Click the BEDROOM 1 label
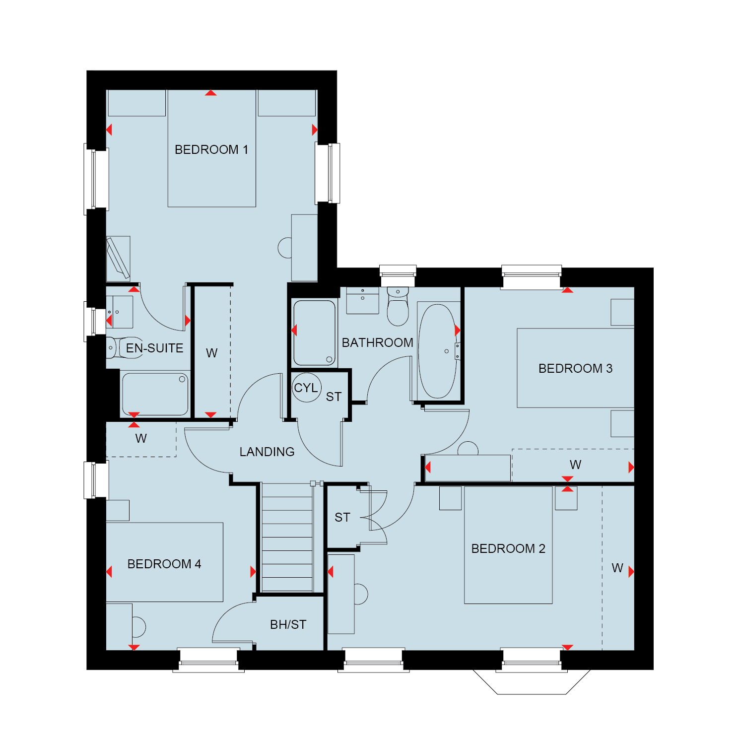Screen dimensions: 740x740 pyautogui.click(x=211, y=149)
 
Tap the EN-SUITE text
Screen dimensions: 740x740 pyautogui.click(x=154, y=348)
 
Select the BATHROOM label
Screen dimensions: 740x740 pyautogui.click(x=378, y=342)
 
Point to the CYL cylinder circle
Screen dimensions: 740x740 pyautogui.click(x=307, y=388)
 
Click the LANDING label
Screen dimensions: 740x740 pyautogui.click(x=267, y=452)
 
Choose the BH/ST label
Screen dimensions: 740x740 pyautogui.click(x=288, y=624)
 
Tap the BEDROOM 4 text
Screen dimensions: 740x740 pyautogui.click(x=164, y=564)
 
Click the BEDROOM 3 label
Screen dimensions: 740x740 pyautogui.click(x=575, y=368)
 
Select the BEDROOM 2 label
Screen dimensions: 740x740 pyautogui.click(x=508, y=548)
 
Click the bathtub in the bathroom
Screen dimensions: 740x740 pyautogui.click(x=437, y=351)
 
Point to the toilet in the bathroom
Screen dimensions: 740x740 pyautogui.click(x=398, y=306)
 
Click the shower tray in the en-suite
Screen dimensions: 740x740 pyautogui.click(x=155, y=394)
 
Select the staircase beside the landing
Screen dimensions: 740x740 pyautogui.click(x=287, y=537)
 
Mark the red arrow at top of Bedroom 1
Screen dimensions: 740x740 pyautogui.click(x=211, y=93)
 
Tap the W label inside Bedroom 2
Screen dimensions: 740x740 pyautogui.click(x=617, y=568)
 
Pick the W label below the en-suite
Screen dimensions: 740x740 pyautogui.click(x=141, y=438)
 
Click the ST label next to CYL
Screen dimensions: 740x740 pyautogui.click(x=334, y=397)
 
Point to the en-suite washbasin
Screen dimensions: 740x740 pyautogui.click(x=120, y=312)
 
